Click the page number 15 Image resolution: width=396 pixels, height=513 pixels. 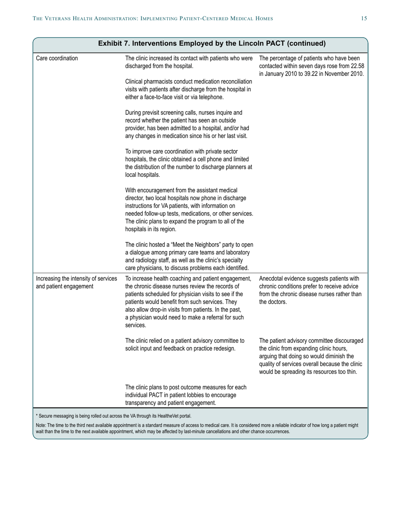[x=364, y=18]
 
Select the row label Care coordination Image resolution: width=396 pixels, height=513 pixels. [x=57, y=58]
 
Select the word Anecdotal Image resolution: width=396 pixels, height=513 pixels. [x=272, y=279]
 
